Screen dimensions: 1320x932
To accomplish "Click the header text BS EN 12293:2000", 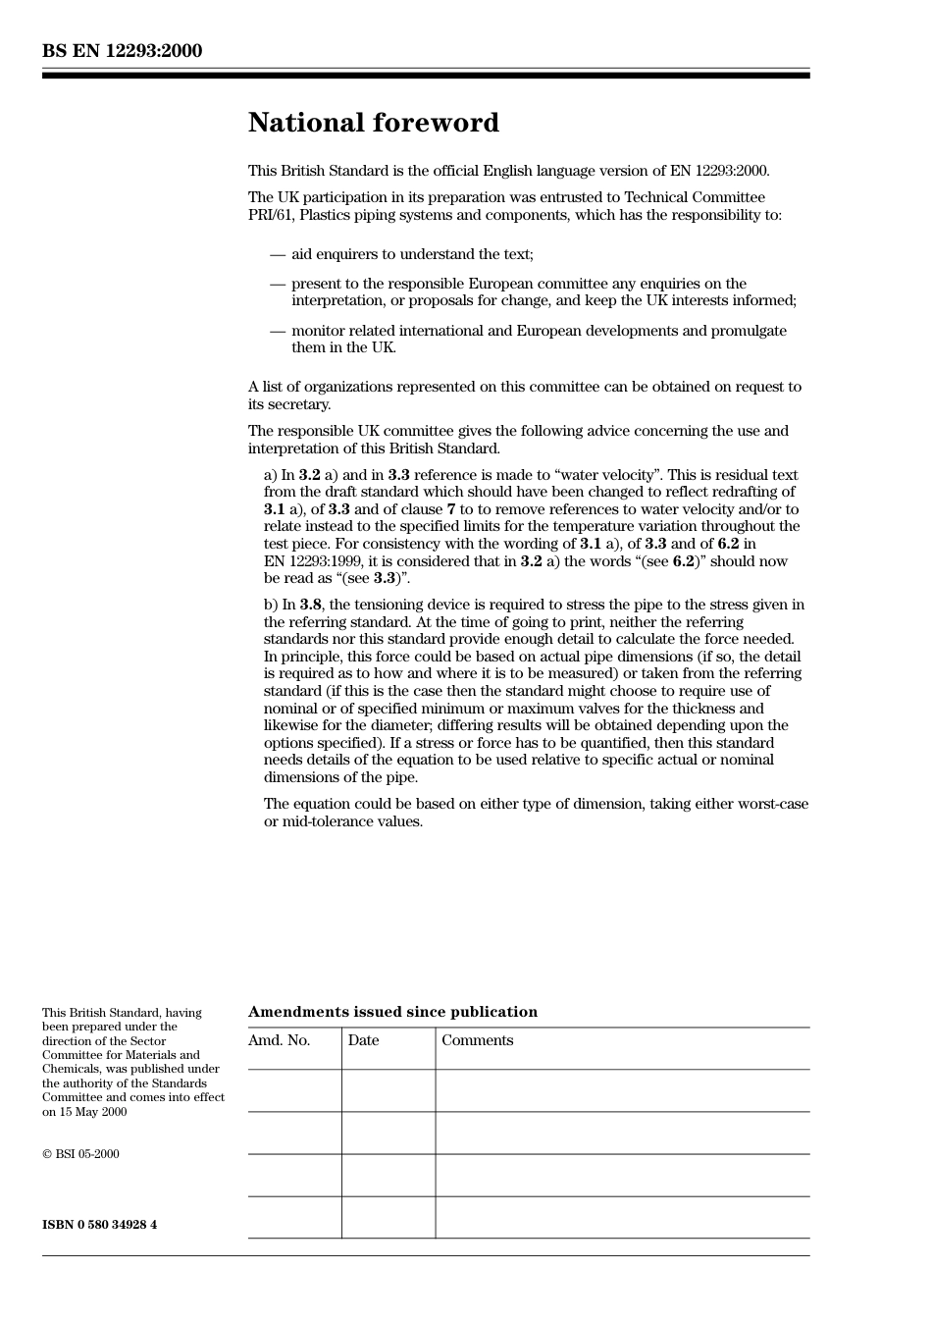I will point(122,51).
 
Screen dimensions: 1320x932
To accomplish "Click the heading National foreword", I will point(373,123).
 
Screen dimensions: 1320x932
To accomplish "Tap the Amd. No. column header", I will point(279,1040).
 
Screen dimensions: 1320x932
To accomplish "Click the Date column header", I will point(363,1040).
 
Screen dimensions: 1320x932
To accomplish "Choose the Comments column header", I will point(477,1040).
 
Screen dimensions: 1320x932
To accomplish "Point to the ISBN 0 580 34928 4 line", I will point(99,1225).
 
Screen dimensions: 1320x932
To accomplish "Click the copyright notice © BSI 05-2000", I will point(80,1154).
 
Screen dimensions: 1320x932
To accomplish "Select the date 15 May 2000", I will point(90,1112).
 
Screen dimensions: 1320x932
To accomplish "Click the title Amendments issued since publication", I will point(392,1012).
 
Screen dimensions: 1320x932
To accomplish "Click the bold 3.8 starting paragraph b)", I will point(310,605).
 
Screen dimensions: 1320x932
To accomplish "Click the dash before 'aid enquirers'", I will point(278,254).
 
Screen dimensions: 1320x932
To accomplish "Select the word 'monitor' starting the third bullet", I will point(318,331).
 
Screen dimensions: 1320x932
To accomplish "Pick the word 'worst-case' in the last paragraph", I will point(773,804).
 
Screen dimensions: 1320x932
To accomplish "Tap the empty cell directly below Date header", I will point(388,1090).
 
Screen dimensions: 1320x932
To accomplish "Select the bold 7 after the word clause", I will point(451,509).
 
